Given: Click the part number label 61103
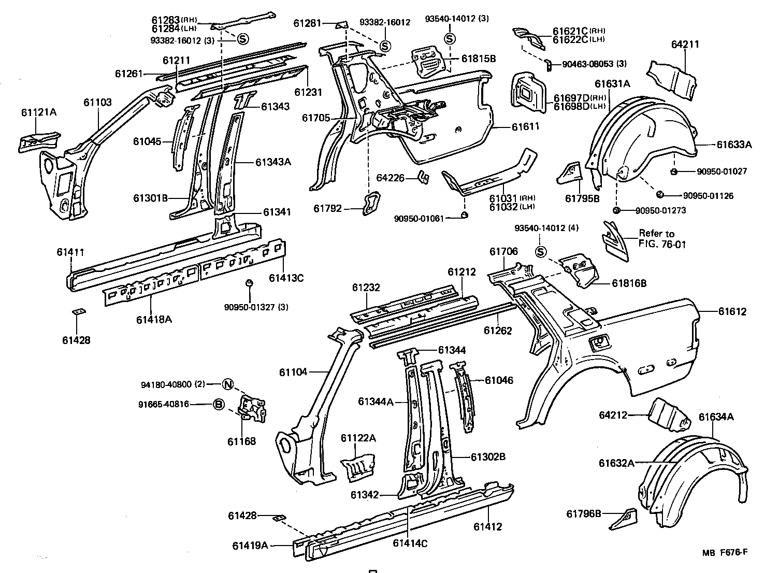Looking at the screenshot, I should click(x=97, y=103).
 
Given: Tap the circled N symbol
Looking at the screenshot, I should click(x=228, y=384).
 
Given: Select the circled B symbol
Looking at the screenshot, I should click(x=219, y=405).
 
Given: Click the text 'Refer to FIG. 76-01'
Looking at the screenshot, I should click(x=662, y=239).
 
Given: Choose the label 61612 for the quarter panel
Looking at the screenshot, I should click(x=732, y=311).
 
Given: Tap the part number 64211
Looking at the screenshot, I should click(x=685, y=45).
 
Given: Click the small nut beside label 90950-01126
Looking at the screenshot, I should click(x=660, y=195).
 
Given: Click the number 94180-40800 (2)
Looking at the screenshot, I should click(x=173, y=384).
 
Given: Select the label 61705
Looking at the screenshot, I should click(x=316, y=118).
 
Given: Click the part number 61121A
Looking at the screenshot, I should click(x=39, y=112).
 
